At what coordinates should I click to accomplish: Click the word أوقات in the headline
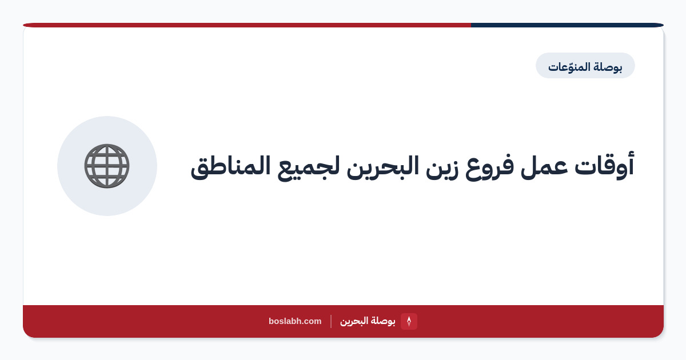(x=604, y=165)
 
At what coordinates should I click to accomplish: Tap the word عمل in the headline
(x=544, y=167)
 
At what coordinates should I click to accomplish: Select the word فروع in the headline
(x=489, y=167)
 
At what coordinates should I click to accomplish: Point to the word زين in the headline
(x=442, y=168)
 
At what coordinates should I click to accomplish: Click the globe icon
(x=107, y=166)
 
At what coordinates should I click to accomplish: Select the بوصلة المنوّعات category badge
(x=585, y=66)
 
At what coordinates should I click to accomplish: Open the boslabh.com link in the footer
(x=295, y=321)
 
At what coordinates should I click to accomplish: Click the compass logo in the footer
(x=409, y=321)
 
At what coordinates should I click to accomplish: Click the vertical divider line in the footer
(x=331, y=321)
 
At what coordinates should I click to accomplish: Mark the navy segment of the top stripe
(x=567, y=25)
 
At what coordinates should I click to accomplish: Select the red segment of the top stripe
(x=247, y=25)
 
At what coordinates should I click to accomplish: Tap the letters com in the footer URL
(x=313, y=321)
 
